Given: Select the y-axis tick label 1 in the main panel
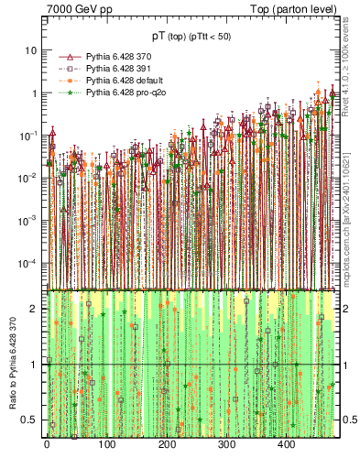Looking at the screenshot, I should [x=37, y=93].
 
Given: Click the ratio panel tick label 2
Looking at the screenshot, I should [x=37, y=309].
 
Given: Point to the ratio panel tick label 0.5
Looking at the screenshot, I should [x=33, y=420].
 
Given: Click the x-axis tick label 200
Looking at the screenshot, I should [x=166, y=445].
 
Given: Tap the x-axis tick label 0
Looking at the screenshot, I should [x=47, y=445].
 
